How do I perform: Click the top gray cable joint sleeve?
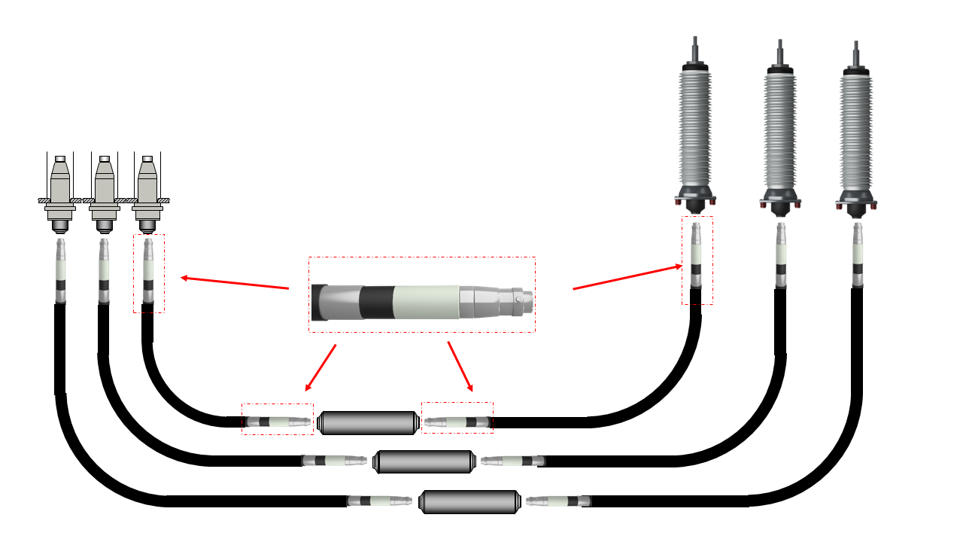tap(367, 422)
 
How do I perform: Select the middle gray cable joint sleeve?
tap(424, 461)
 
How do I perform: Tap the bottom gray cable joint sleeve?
tap(470, 501)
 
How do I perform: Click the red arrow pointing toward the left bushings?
tap(235, 283)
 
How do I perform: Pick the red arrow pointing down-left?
tap(320, 368)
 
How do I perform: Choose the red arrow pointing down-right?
tap(460, 367)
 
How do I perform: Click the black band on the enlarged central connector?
tap(375, 301)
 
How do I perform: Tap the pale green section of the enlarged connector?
tap(426, 302)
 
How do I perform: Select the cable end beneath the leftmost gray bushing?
tap(60, 271)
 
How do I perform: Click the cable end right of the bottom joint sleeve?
tap(557, 501)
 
